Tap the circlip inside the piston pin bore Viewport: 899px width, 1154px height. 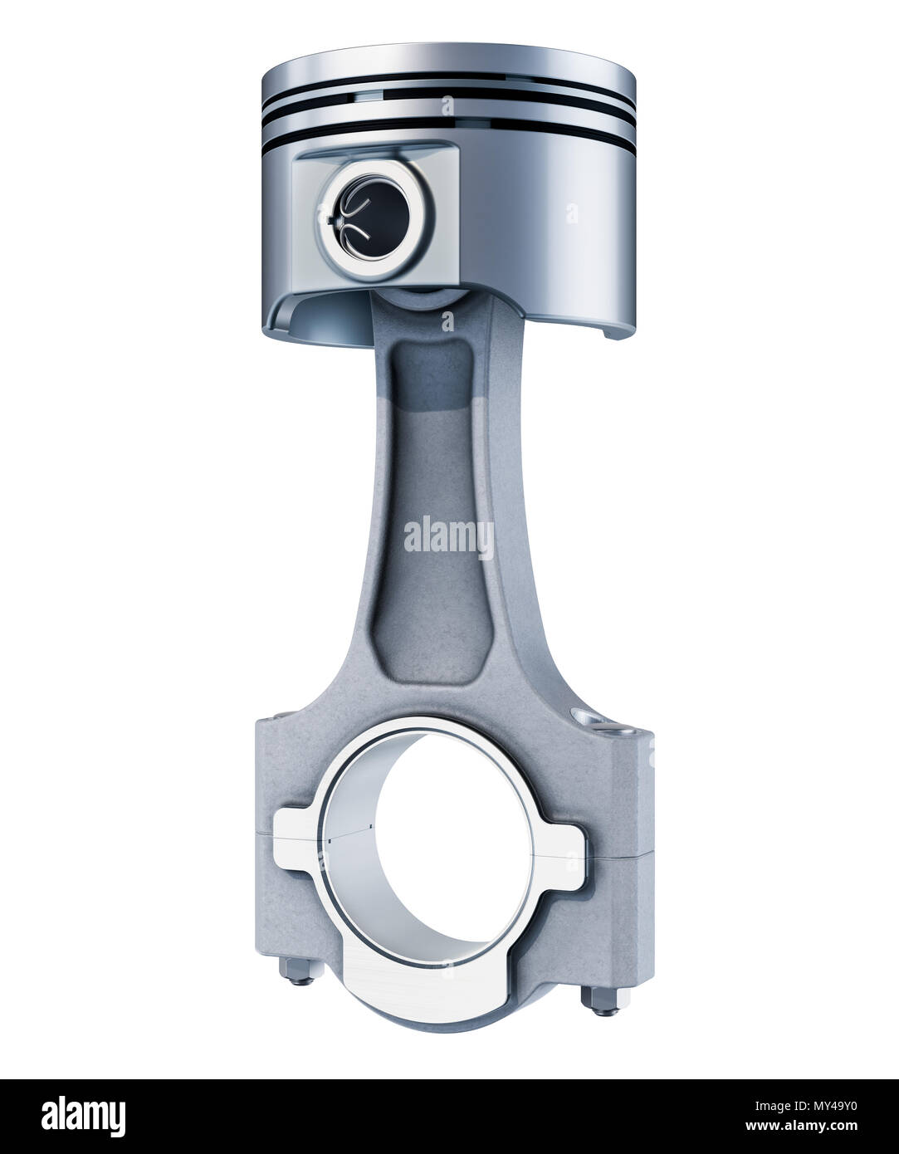click(351, 216)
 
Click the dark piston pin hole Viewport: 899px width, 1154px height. click(376, 217)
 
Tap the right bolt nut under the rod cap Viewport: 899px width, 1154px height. click(603, 1000)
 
